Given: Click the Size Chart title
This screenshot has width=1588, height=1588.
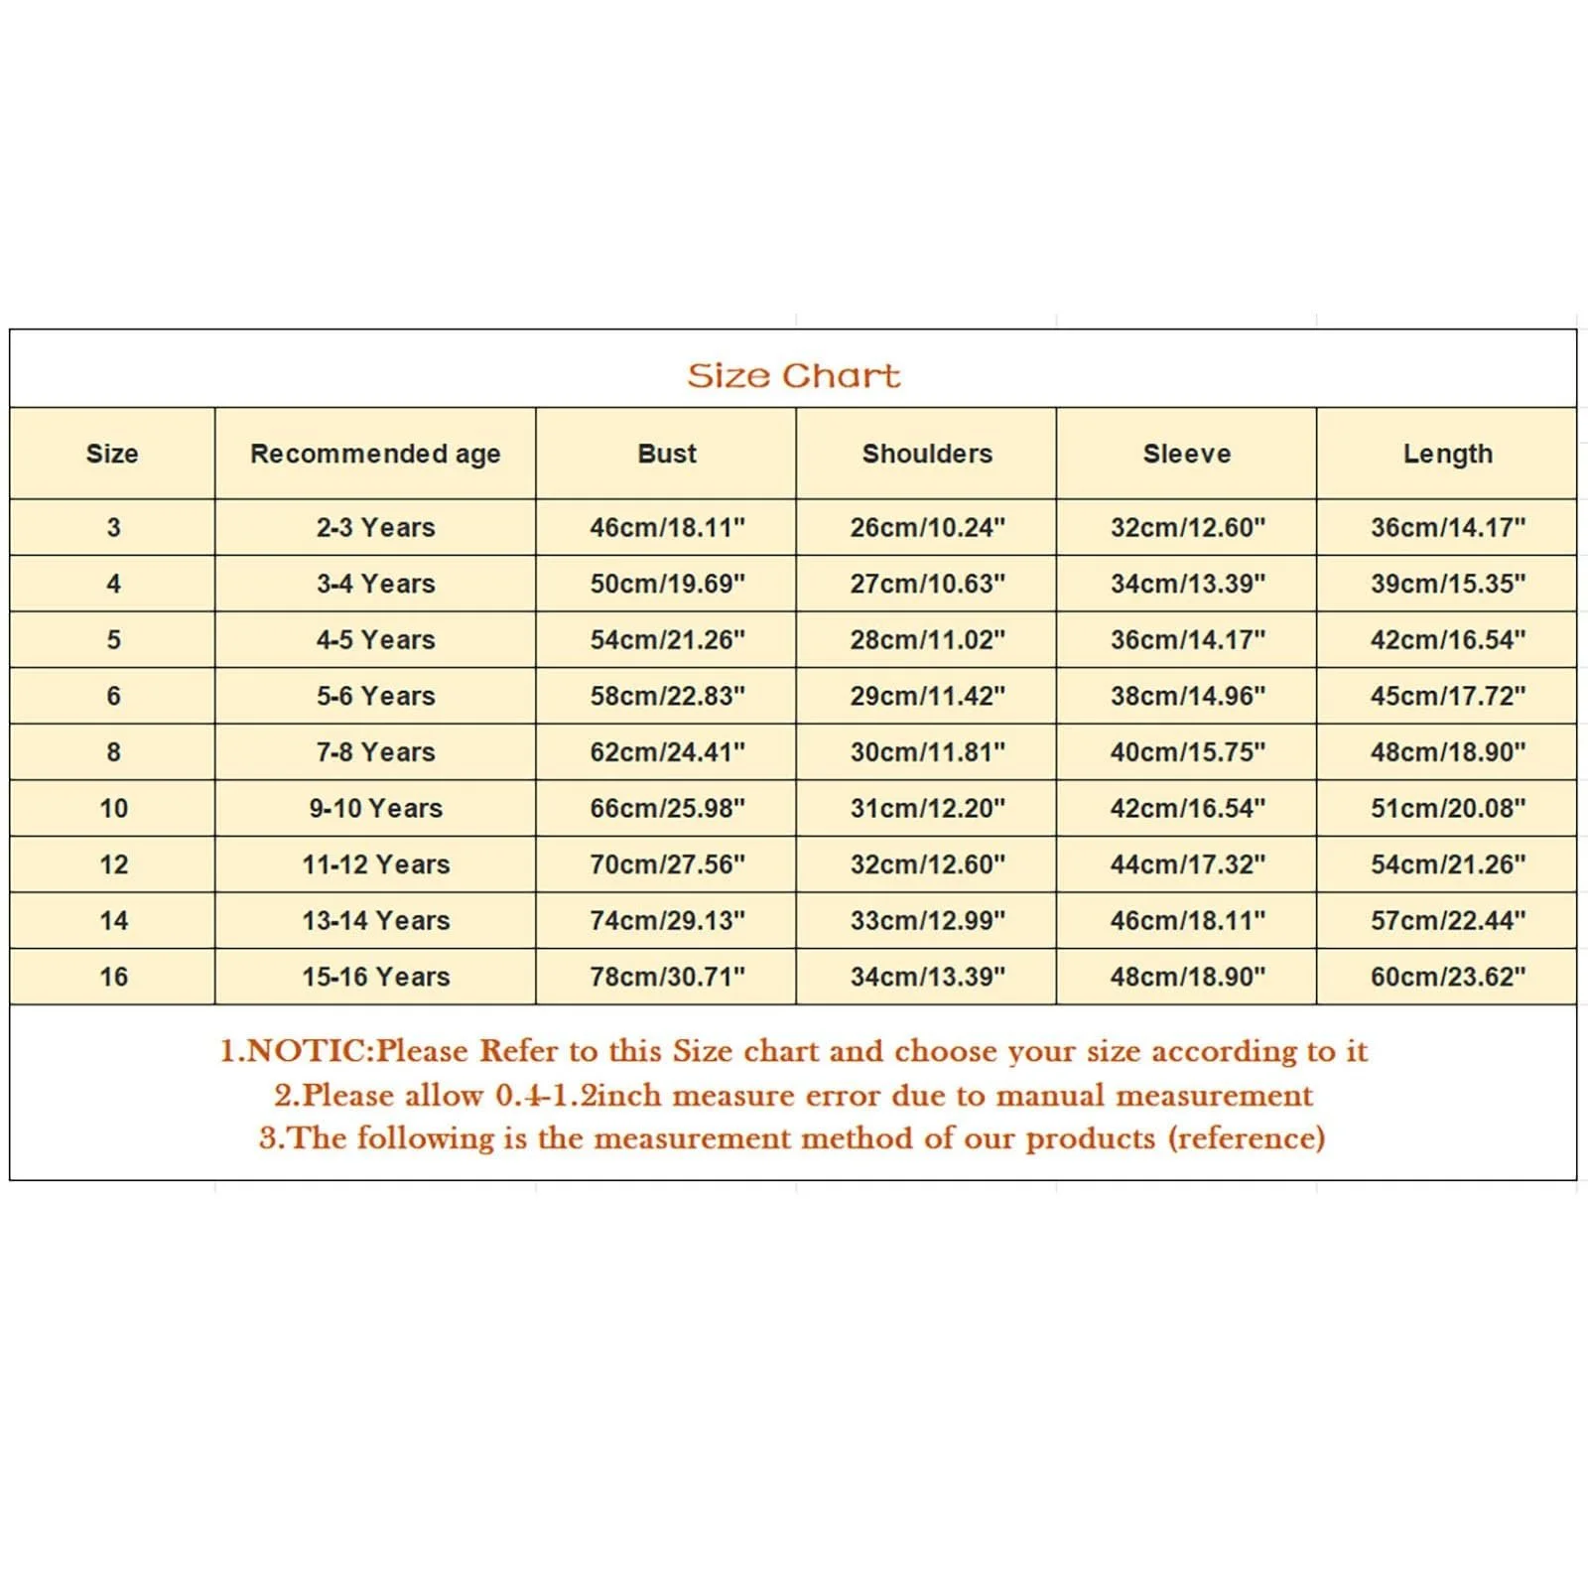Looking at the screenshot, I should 793,376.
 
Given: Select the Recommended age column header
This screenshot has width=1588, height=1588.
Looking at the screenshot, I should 375,454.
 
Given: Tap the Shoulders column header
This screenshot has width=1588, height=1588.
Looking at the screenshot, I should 927,454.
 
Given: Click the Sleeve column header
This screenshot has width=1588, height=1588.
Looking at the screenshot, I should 1186,454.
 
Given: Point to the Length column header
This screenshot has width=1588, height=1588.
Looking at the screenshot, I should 1447,454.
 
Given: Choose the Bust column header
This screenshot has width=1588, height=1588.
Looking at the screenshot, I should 667,454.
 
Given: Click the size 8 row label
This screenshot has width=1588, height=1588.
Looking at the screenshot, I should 113,752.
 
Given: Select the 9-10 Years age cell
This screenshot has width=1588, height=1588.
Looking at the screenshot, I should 375,808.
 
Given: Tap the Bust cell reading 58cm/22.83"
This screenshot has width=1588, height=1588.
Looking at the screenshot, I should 667,696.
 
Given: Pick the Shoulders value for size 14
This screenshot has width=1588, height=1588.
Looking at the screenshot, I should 927,920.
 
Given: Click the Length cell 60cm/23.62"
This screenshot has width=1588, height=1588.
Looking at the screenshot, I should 1447,977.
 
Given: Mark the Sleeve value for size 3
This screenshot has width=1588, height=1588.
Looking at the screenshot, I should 1187,527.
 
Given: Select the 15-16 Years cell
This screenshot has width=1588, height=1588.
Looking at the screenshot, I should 375,977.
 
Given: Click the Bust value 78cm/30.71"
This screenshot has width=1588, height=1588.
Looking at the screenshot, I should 667,977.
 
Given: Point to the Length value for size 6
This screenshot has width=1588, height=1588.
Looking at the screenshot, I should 1447,696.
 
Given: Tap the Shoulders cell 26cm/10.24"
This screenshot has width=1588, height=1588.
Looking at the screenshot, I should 927,527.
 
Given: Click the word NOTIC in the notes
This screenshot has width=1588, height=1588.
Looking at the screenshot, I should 306,1051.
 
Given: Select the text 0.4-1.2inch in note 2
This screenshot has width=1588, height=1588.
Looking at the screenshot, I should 578,1096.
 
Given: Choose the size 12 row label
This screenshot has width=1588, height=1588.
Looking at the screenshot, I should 113,864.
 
